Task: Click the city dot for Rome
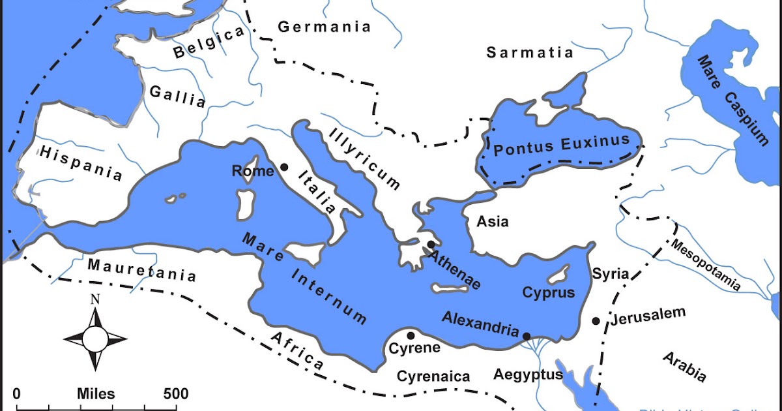tap(284, 167)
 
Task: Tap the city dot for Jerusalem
tap(596, 321)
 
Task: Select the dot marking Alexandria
tap(526, 335)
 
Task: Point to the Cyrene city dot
tap(411, 335)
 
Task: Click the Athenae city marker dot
tap(431, 245)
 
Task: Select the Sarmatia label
tap(530, 52)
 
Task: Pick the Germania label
tap(324, 27)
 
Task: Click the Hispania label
tap(81, 163)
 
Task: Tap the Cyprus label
tap(549, 292)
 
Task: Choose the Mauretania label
tap(141, 270)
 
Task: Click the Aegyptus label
tap(528, 374)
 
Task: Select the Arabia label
tap(684, 365)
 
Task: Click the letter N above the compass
tap(95, 299)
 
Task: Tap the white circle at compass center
tap(95, 339)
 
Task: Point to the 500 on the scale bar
tap(175, 394)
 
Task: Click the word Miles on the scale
tap(96, 394)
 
